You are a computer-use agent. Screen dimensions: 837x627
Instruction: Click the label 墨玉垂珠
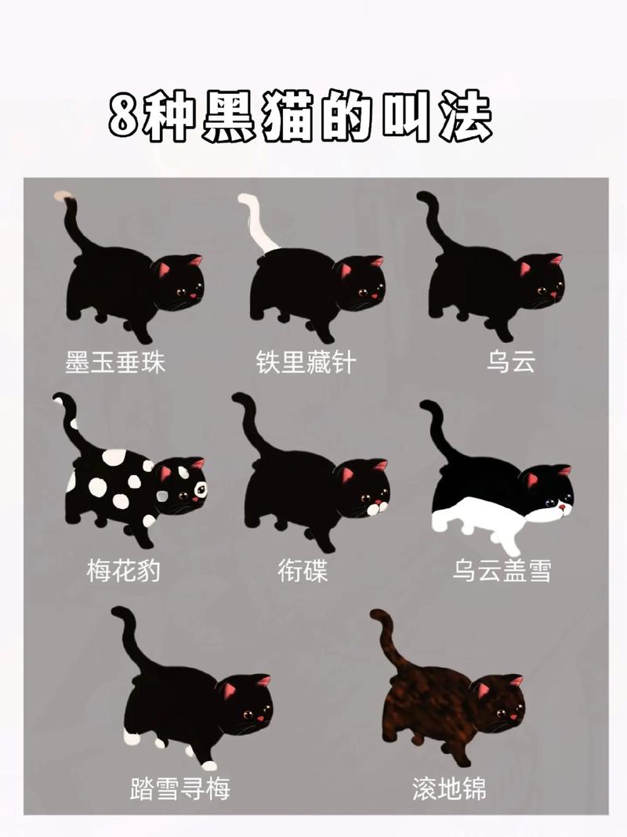[x=115, y=362]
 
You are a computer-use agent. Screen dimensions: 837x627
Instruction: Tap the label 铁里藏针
[x=306, y=362]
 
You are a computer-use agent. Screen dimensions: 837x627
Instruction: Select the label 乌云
[x=510, y=362]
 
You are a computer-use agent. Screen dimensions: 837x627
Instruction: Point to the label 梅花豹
[x=123, y=570]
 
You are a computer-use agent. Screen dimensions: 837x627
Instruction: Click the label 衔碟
[x=303, y=570]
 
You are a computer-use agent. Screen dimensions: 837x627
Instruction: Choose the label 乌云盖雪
[x=502, y=570]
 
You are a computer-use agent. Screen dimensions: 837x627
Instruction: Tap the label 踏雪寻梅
[x=180, y=788]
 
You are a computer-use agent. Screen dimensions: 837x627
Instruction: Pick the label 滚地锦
[x=449, y=788]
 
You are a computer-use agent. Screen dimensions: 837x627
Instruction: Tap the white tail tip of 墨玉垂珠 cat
[x=62, y=196]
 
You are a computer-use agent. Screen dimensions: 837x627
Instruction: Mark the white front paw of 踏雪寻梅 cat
[x=208, y=764]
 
